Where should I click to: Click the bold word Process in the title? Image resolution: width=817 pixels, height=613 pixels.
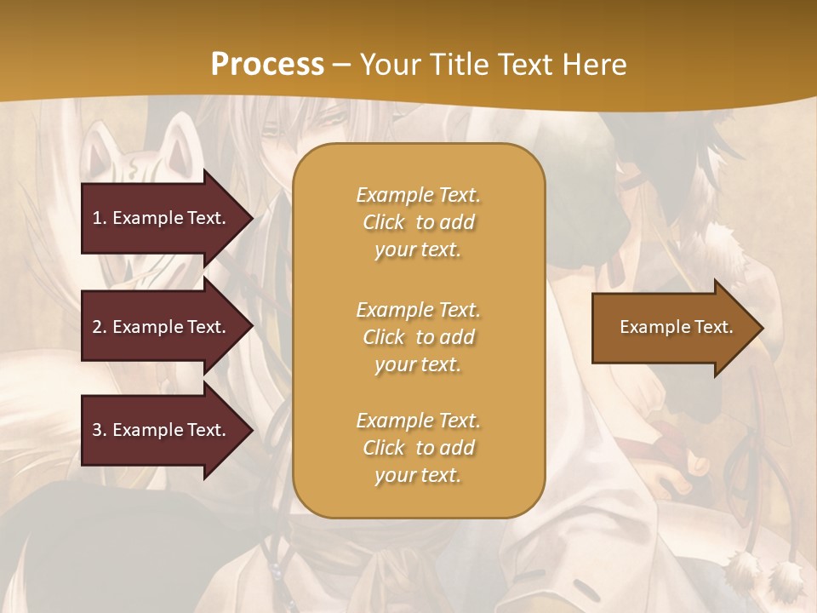[267, 65]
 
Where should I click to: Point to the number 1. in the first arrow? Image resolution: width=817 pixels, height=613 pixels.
[100, 218]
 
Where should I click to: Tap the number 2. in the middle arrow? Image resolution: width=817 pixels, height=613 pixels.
[100, 327]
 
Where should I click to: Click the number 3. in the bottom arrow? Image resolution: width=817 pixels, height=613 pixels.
[100, 430]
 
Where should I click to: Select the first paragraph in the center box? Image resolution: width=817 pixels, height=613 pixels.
[418, 222]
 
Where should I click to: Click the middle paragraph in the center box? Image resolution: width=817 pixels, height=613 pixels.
[418, 337]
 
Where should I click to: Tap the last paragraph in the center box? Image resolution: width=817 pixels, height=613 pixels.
[418, 448]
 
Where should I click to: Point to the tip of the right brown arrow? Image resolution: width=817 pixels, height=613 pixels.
[761, 328]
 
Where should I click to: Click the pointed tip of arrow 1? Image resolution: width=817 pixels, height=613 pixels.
[251, 218]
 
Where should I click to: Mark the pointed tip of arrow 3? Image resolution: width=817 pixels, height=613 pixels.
[251, 430]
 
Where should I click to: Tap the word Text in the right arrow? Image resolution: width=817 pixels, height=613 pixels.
[713, 327]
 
